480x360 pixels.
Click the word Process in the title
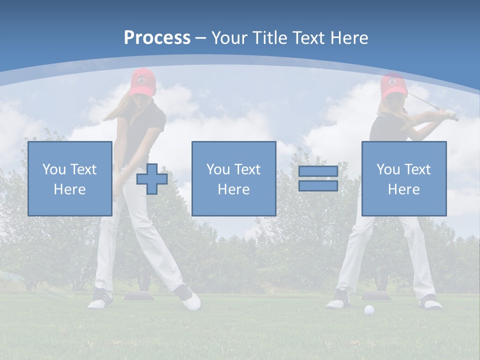coord(157,38)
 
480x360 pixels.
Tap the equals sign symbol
coord(318,179)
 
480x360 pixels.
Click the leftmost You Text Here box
coord(69,178)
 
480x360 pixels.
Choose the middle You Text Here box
coord(233,178)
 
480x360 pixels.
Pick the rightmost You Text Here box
coord(403,178)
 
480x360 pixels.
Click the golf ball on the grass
coord(369,310)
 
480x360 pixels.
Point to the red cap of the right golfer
coord(392,85)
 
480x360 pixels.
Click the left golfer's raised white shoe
coord(190,300)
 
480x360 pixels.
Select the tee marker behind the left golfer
coord(137,296)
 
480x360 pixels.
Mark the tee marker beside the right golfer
coord(376,296)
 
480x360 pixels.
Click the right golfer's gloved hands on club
coord(451,114)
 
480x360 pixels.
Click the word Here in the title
coord(349,38)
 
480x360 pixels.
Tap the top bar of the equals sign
coord(318,171)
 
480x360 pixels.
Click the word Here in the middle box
coord(233,189)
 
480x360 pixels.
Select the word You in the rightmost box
coord(388,169)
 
